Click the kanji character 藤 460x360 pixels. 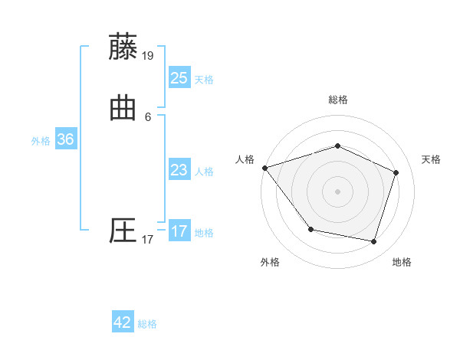[x=123, y=47]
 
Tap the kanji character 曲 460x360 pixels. [x=123, y=109]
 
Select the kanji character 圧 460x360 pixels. [x=123, y=231]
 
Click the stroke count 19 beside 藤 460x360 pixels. [x=148, y=55]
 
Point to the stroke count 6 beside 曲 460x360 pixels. [x=148, y=117]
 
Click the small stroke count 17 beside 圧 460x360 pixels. [x=148, y=240]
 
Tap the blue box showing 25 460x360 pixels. [x=179, y=77]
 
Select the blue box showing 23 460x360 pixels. [x=179, y=169]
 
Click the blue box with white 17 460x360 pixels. [x=179, y=231]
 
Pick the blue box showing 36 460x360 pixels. [x=65, y=139]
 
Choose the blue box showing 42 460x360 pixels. [x=123, y=322]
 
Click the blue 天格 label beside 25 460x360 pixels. [x=204, y=80]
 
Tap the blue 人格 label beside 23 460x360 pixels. [x=204, y=172]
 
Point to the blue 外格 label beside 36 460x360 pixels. [x=41, y=141]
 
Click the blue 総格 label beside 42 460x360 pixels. [x=147, y=324]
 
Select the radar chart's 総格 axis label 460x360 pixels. [x=337, y=100]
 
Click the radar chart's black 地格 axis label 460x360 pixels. [x=402, y=262]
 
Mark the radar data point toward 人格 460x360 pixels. [x=264, y=168]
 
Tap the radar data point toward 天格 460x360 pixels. [x=396, y=172]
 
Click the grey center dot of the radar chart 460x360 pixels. [x=337, y=191]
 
